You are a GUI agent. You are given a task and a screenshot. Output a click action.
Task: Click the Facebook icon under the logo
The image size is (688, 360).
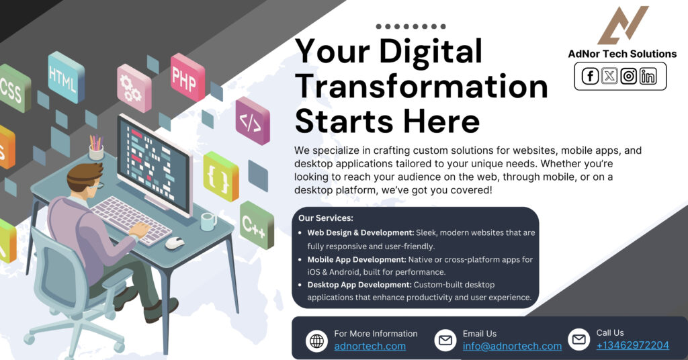coord(590,77)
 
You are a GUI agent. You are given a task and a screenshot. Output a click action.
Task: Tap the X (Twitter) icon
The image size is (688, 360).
coord(609,77)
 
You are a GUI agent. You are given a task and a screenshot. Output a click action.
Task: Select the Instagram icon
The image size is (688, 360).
coord(629,77)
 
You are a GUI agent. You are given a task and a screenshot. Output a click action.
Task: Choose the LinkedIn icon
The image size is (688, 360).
coord(648,77)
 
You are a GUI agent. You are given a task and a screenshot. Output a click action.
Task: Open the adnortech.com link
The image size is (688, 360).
coord(370,347)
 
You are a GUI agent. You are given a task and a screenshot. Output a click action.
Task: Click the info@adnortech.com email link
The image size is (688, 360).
coord(512,347)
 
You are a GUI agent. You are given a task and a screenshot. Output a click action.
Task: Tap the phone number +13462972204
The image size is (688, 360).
coord(632,346)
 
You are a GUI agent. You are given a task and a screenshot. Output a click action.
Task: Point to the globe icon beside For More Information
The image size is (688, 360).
coord(316,341)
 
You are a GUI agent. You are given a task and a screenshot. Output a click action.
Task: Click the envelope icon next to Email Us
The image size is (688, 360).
coord(445,341)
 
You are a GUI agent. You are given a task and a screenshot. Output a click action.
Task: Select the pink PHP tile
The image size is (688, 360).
coord(186,77)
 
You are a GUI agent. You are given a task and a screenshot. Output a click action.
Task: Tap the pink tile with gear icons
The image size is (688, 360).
coord(133,87)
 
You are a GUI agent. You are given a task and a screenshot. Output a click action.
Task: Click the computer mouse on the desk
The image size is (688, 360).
coord(175,242)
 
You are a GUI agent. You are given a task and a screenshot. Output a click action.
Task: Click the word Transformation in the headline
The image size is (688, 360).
coord(421,87)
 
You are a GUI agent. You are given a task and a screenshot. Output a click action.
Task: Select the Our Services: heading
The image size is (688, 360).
coord(326,218)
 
